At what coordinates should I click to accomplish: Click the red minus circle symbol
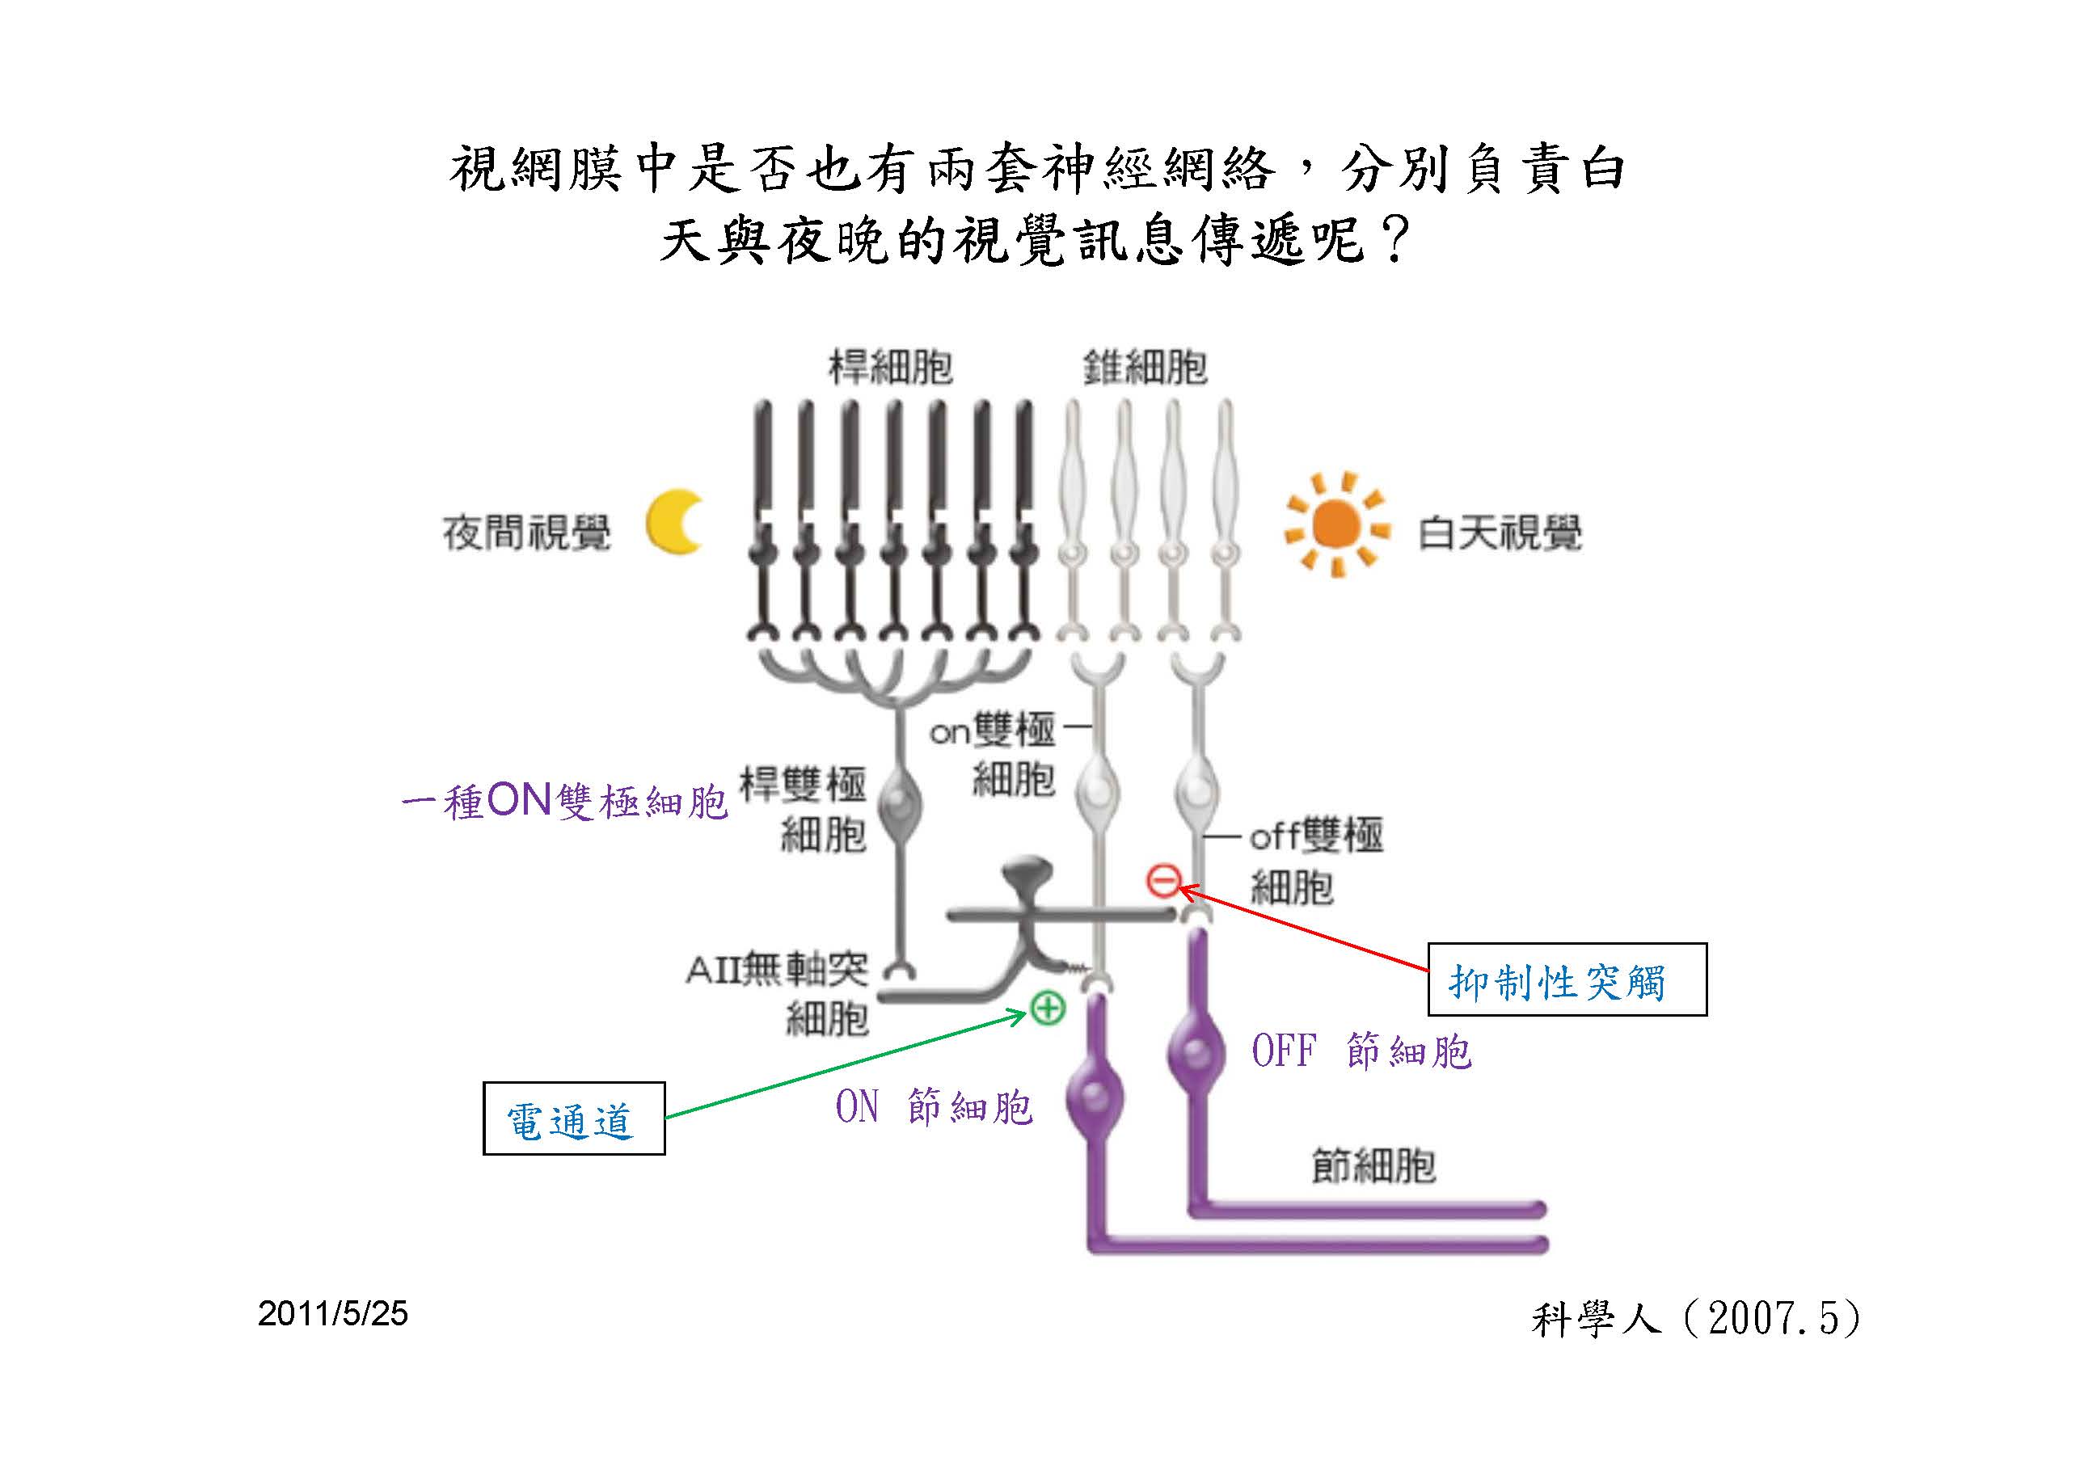pos(1163,879)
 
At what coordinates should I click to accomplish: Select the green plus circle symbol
pos(1048,1007)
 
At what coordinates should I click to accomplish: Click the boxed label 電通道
pos(573,1118)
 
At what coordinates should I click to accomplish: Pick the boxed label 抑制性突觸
pos(1567,979)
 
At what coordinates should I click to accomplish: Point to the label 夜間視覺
pos(526,533)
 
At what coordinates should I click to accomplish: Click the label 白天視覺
pos(1500,533)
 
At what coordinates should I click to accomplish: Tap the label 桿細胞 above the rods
pos(891,368)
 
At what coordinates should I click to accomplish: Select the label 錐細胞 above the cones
pos(1145,368)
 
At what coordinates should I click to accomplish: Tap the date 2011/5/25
pos(332,1313)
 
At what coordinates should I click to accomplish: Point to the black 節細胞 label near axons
pos(1373,1165)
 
